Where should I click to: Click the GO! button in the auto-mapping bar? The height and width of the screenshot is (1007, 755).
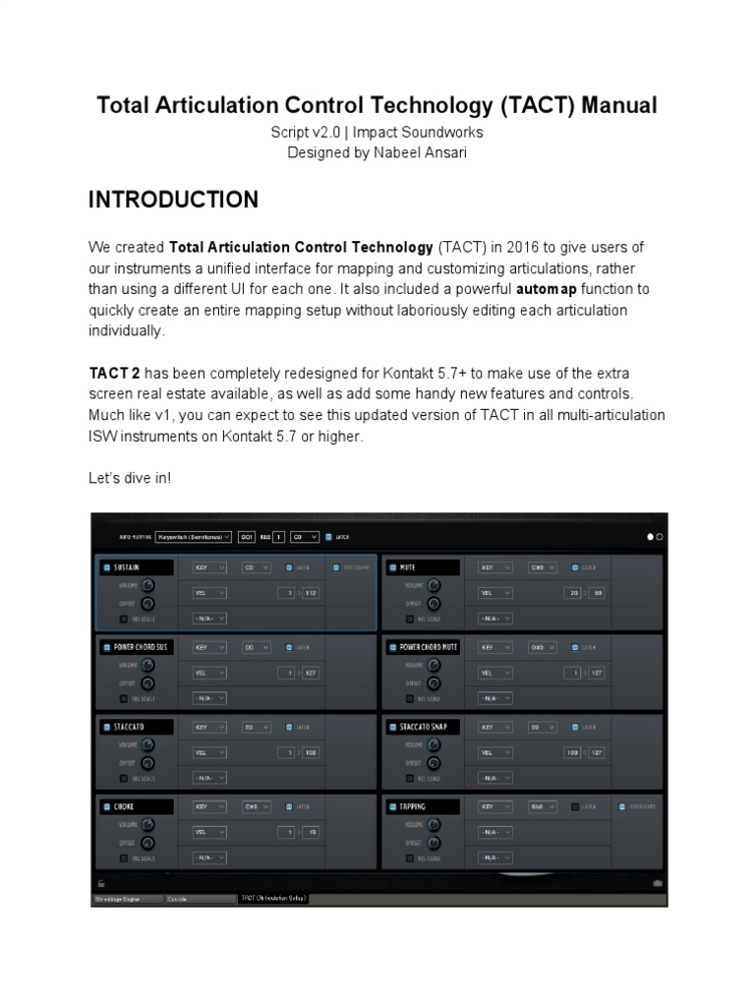tap(247, 537)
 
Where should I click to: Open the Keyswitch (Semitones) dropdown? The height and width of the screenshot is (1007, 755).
tap(193, 537)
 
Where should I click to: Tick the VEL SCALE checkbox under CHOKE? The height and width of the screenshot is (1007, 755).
tap(122, 858)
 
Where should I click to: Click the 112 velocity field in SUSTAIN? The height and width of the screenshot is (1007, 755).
tap(312, 593)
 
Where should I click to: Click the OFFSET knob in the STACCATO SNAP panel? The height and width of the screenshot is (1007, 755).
tap(433, 762)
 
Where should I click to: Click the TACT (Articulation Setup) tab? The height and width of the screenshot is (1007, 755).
tap(274, 898)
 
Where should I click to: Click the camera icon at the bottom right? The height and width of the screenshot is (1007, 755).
tap(658, 883)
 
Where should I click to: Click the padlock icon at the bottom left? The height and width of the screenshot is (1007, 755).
tap(99, 883)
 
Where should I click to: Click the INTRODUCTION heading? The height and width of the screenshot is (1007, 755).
tap(173, 200)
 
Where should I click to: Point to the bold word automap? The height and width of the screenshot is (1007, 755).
tap(552, 290)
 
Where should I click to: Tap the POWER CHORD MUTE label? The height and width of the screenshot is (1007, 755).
tap(429, 647)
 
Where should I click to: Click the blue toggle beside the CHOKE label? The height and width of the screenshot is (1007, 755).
tap(105, 806)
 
